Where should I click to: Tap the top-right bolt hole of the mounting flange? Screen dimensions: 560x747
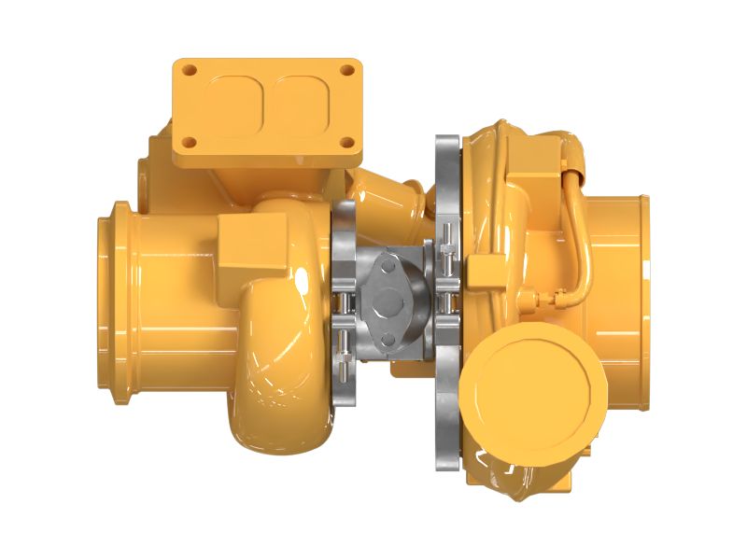[347, 70]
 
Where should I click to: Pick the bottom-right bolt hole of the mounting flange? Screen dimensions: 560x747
[347, 143]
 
